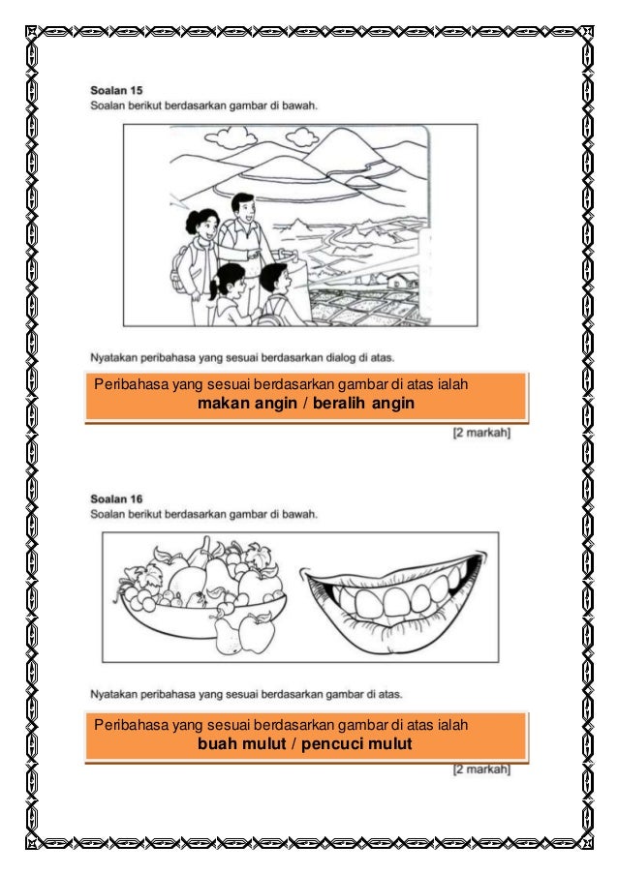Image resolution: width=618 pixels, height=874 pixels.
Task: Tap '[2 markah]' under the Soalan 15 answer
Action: (x=481, y=433)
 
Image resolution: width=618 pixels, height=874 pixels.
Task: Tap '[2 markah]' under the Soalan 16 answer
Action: (x=481, y=770)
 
